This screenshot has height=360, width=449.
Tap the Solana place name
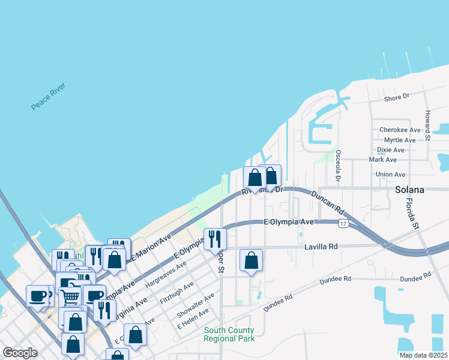[409, 190]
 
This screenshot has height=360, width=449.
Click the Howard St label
[427, 122]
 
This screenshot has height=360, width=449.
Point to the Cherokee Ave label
[400, 130]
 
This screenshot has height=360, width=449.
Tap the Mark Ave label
[383, 160]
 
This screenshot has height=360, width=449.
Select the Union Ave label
[390, 175]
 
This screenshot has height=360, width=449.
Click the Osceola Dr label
[338, 166]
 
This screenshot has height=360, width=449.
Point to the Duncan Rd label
[328, 203]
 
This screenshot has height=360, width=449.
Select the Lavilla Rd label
[322, 246]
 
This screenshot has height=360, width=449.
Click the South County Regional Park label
[229, 335]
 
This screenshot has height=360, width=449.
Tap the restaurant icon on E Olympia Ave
[215, 240]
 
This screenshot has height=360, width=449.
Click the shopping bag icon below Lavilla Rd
[251, 261]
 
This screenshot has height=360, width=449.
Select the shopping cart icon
[70, 296]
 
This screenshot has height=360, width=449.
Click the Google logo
[20, 353]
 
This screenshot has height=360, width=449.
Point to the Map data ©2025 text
[423, 355]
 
